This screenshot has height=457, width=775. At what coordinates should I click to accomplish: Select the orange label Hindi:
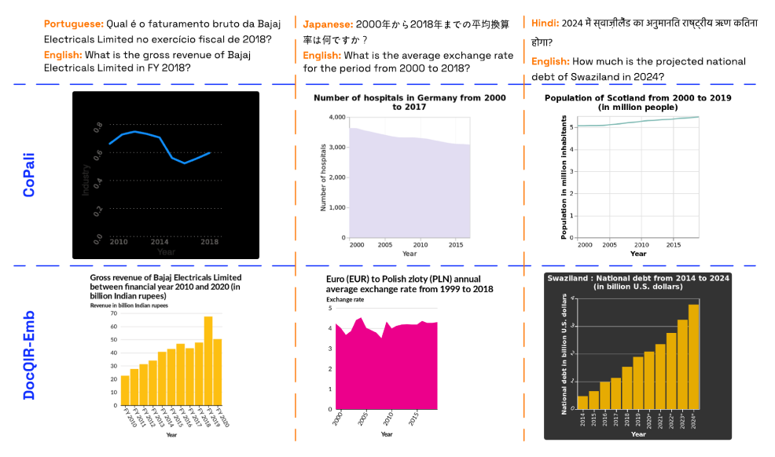click(545, 23)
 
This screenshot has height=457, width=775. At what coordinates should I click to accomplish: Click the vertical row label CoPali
click(28, 174)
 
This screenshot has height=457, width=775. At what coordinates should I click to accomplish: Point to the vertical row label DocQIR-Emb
click(28, 356)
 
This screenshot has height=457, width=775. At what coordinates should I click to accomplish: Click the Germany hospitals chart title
click(410, 102)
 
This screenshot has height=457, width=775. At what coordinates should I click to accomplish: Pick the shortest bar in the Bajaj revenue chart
click(125, 392)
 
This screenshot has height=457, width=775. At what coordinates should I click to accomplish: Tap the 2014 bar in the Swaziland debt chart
click(582, 402)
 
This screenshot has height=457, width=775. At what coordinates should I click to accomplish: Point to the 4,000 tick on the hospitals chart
click(336, 117)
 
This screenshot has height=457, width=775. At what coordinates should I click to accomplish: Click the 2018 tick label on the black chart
click(210, 243)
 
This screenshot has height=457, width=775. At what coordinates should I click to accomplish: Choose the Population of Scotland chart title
click(637, 102)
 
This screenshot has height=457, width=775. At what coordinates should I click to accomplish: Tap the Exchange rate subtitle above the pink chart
click(346, 299)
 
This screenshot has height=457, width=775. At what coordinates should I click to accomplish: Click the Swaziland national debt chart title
click(637, 283)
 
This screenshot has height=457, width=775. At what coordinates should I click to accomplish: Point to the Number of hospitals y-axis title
click(322, 177)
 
